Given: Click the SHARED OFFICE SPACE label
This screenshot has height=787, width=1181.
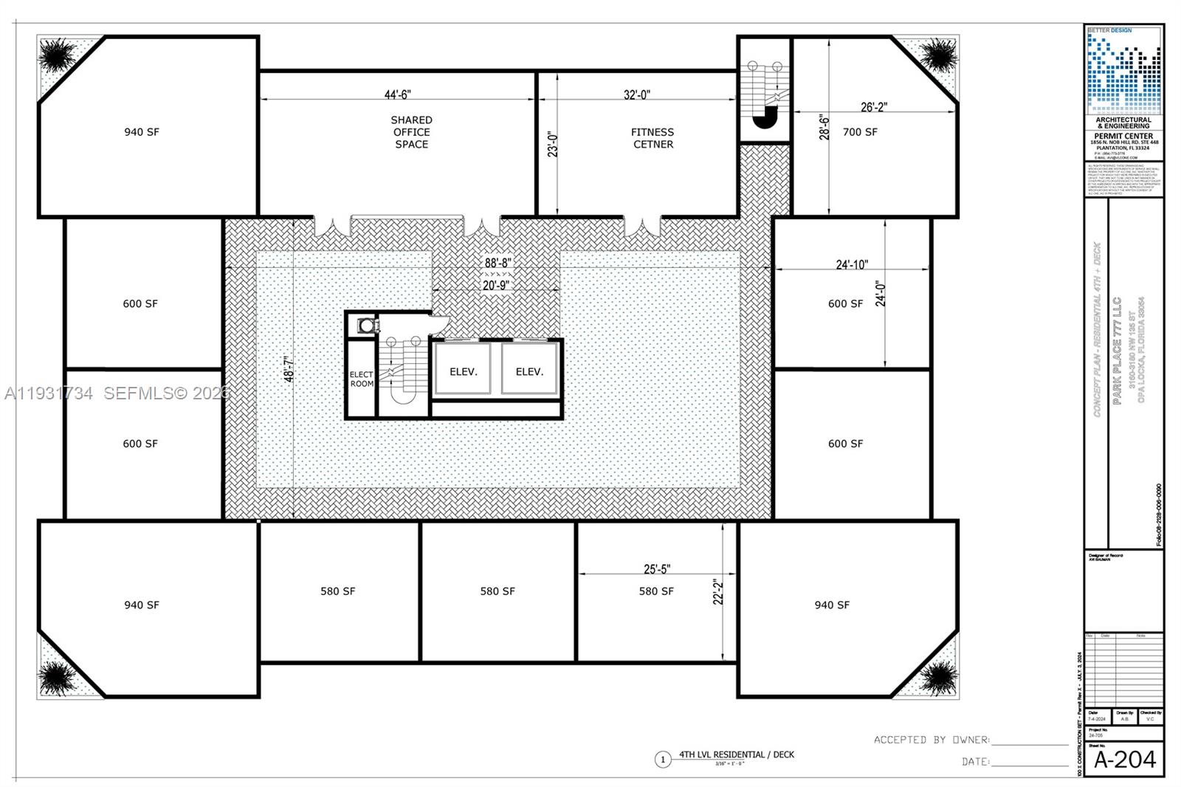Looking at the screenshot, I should coord(411,132).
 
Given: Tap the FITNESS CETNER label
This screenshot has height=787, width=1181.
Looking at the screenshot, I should coord(653,138).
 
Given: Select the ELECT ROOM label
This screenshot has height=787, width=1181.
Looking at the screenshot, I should coord(362,379).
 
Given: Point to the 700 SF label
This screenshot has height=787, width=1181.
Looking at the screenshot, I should coord(860,132).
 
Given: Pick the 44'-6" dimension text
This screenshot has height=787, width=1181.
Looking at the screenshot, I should coord(397,94).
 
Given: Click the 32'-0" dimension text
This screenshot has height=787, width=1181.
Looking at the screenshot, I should coord(636,94).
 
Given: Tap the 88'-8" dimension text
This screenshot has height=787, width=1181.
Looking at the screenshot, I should coord(497,263).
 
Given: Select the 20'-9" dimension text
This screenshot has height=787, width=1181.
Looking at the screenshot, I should coord(495,285).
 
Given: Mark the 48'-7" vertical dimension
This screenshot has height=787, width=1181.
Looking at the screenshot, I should coord(289,369).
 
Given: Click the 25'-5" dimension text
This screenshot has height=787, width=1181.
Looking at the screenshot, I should coord(657,569).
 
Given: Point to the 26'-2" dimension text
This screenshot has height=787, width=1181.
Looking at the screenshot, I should coord(874,107).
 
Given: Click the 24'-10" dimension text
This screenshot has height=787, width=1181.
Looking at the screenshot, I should coord(852,264).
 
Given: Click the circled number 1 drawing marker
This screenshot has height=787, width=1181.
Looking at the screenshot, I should coord(663,759).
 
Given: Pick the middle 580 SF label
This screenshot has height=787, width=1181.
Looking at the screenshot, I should coord(497,591).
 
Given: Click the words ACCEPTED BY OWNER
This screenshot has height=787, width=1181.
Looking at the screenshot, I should coord(932,740).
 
